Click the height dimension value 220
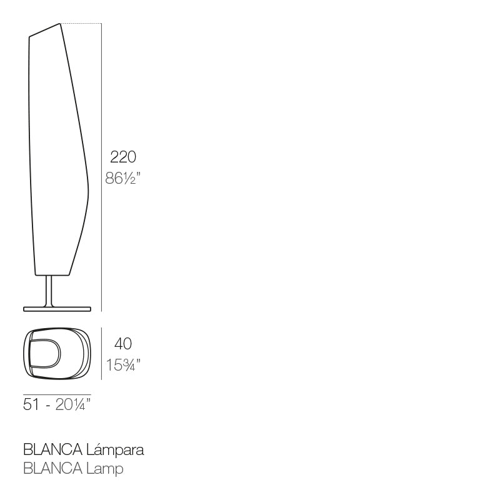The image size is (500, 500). [123, 156]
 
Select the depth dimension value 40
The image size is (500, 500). [123, 344]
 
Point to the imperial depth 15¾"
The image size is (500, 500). [123, 364]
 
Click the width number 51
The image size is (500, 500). [32, 404]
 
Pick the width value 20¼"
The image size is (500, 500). [72, 404]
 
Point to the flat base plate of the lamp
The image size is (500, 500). [58, 308]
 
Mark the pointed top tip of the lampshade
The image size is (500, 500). [60, 24]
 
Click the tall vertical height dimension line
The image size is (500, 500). [101, 169]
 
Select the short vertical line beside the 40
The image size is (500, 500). [101, 353]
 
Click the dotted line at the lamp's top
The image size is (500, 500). [81, 24]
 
